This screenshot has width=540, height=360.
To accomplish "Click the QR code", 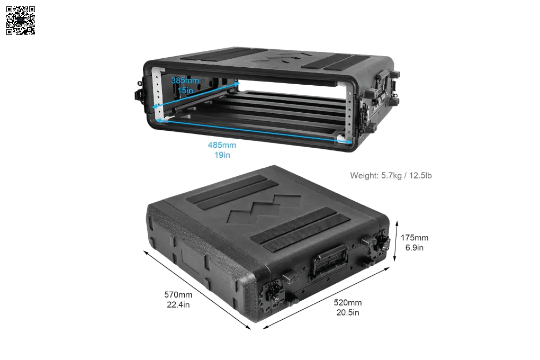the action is [21, 20].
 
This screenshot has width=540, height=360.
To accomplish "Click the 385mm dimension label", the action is [185, 80].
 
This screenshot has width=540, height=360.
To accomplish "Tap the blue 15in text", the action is [185, 90].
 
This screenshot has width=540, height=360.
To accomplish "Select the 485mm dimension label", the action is [222, 145].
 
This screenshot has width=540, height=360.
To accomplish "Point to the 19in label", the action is [222, 155].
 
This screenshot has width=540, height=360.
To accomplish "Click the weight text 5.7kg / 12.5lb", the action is [406, 175].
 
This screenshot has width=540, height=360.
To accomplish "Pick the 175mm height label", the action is [415, 238].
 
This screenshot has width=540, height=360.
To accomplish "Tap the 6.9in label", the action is [415, 248].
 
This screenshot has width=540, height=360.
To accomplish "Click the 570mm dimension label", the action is [178, 295].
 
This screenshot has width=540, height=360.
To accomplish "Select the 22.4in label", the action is [178, 304].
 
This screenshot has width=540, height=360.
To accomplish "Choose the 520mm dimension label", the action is [347, 302].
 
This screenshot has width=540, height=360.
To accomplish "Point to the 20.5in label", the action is [347, 312].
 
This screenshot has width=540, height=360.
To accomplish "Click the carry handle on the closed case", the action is [329, 260].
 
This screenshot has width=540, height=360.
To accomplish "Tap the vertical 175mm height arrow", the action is [396, 241].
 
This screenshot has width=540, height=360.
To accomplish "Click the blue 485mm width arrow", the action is [255, 131].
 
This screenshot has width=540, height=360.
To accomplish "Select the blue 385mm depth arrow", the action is [195, 95].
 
